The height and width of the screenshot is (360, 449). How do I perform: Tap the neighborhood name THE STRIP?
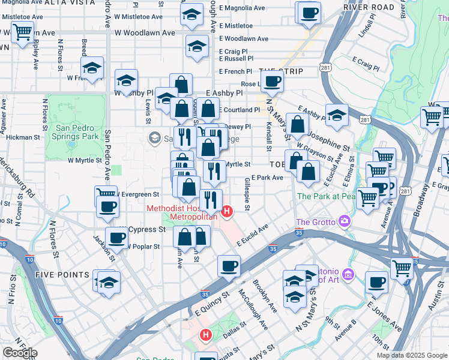point(282,72)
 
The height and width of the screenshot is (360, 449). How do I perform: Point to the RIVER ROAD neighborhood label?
point(369,8)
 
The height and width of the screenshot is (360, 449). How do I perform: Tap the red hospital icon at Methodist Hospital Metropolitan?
point(227,211)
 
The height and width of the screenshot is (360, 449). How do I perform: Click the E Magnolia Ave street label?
point(242,8)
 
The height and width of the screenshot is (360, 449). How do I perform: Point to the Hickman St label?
point(23,137)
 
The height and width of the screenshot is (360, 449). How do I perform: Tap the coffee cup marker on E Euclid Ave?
point(228,265)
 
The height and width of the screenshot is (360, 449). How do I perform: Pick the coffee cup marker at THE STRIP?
point(271,81)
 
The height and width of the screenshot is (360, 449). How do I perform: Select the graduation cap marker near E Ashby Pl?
point(337,115)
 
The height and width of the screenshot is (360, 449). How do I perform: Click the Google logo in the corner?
point(20,353)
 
